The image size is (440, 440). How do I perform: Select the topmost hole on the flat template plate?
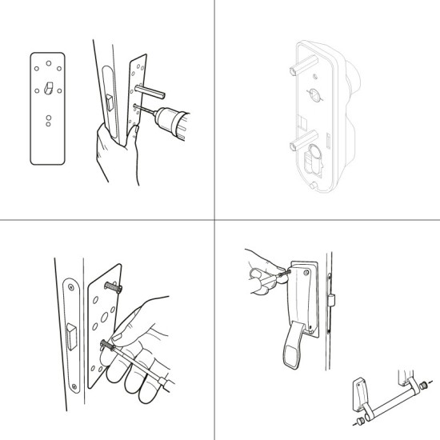click(46, 59)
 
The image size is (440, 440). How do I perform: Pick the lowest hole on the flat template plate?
click(48, 125)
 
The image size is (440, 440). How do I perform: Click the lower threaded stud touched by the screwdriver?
click(106, 345)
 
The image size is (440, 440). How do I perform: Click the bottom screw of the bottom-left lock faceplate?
click(74, 389)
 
